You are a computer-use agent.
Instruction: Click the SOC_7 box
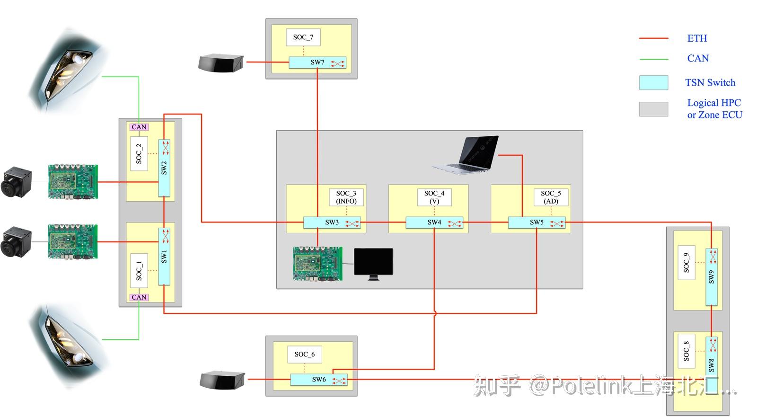303,37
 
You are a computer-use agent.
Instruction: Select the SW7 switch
317,62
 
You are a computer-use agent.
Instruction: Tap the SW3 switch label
332,222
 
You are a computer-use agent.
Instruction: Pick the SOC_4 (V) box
434,197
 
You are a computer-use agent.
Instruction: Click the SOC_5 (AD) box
551,197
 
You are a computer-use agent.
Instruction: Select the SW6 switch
318,380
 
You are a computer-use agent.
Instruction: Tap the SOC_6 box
305,354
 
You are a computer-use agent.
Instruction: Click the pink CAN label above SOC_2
139,127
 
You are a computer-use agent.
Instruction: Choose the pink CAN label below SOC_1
139,297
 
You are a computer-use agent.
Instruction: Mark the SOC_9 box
686,263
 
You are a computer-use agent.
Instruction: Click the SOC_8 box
686,351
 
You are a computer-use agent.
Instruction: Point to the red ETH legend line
653,38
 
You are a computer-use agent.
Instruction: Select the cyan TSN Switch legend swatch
653,82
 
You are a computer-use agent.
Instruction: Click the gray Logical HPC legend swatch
653,109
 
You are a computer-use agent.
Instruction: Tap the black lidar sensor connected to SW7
220,63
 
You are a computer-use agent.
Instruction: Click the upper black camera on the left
16,181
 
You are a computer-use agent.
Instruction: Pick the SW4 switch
434,222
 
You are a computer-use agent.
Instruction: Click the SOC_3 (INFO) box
346,197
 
